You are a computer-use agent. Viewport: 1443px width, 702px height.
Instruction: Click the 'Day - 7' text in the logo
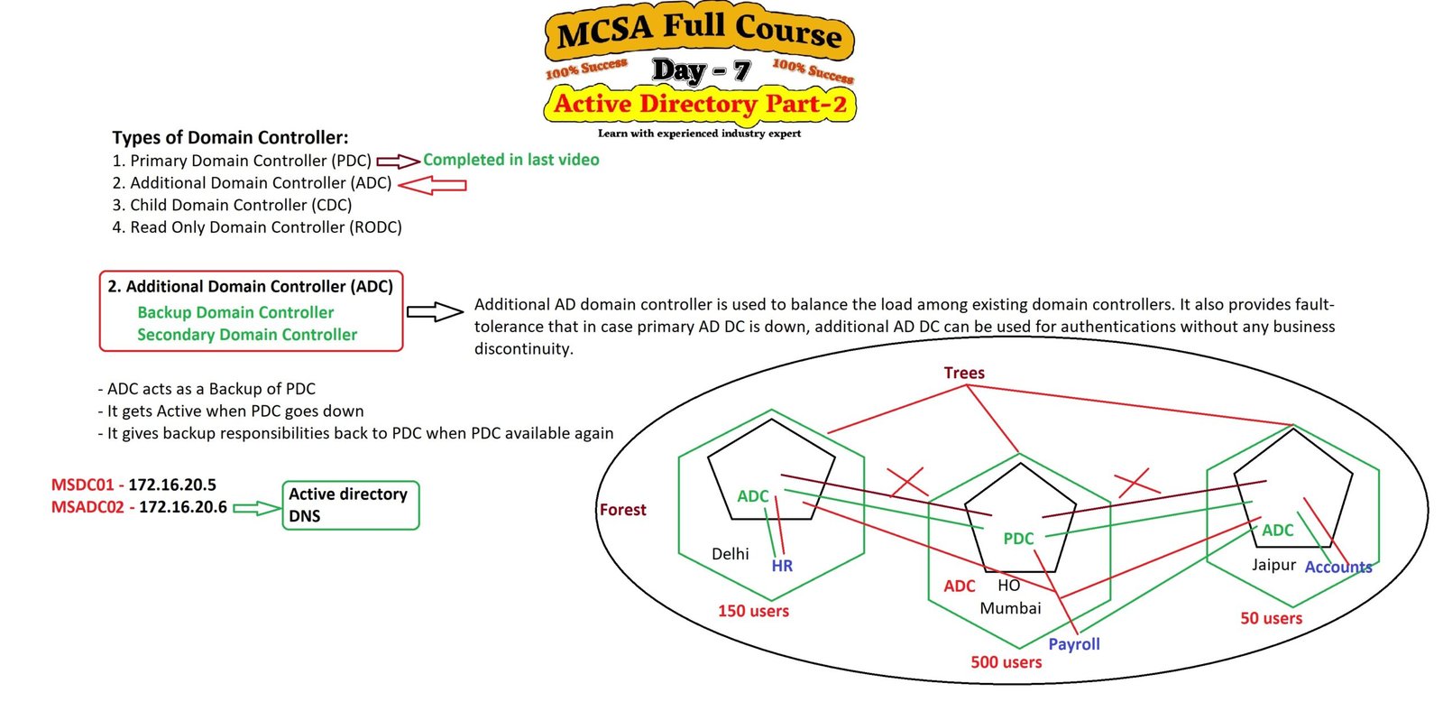[701, 70]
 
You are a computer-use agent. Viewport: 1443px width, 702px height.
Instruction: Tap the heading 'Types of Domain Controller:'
[230, 137]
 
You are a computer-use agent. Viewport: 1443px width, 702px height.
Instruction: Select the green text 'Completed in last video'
[510, 160]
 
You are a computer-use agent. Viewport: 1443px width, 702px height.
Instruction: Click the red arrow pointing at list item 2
[432, 185]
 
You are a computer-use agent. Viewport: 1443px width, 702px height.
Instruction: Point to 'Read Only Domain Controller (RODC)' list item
[257, 227]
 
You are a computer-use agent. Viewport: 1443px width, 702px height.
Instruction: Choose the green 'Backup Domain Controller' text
[235, 312]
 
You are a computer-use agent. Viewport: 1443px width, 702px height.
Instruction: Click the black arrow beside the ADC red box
[435, 312]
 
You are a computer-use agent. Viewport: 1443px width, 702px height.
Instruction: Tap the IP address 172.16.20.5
[172, 485]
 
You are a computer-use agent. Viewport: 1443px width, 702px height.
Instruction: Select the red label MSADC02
[87, 507]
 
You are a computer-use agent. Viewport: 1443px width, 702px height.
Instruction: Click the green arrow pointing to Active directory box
[257, 508]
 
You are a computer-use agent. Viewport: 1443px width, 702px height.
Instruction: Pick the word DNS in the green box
[305, 516]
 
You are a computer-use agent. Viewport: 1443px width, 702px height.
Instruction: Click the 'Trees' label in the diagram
[964, 373]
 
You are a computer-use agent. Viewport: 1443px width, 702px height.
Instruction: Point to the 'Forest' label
[622, 510]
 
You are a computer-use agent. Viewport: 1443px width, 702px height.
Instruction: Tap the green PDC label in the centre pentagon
[1018, 539]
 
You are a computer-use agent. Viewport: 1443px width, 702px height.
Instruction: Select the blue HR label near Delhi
[782, 566]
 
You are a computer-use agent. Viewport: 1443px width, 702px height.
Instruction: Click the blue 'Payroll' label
[1073, 644]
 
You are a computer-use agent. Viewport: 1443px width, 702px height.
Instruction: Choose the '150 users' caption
[753, 611]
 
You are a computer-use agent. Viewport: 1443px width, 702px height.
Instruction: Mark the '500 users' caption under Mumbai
[1006, 662]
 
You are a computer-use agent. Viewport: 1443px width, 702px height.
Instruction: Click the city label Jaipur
[1273, 565]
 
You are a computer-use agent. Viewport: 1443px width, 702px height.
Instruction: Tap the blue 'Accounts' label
[1338, 567]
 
